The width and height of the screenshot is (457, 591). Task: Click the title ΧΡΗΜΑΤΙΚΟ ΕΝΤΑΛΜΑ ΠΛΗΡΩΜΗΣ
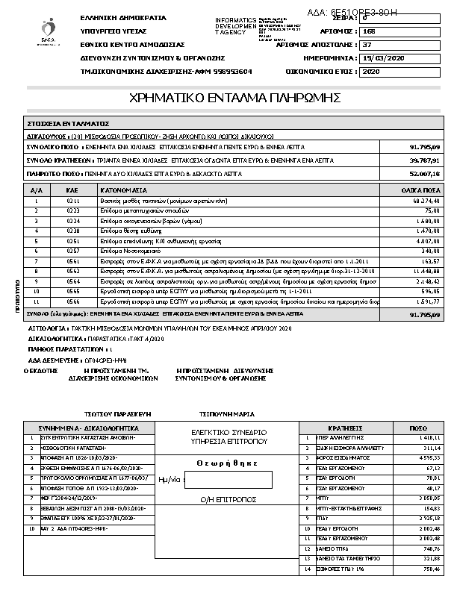[x=235, y=98]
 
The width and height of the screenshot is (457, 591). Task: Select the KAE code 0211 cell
[x=73, y=201]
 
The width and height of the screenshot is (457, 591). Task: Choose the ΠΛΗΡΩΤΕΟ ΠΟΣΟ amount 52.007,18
[x=425, y=173]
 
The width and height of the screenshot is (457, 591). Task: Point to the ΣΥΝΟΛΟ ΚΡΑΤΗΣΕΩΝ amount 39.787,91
[x=425, y=160]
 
